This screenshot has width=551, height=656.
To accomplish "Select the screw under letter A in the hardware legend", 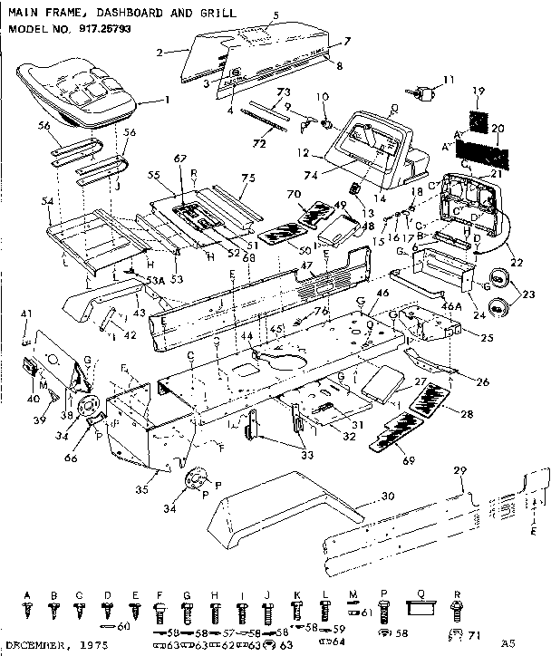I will pyautogui.click(x=27, y=614).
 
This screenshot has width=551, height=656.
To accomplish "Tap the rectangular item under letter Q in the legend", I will pyautogui.click(x=419, y=613).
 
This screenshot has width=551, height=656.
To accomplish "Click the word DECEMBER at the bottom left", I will pyautogui.click(x=35, y=647).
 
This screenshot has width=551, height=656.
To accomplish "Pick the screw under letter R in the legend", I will pyautogui.click(x=457, y=614).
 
